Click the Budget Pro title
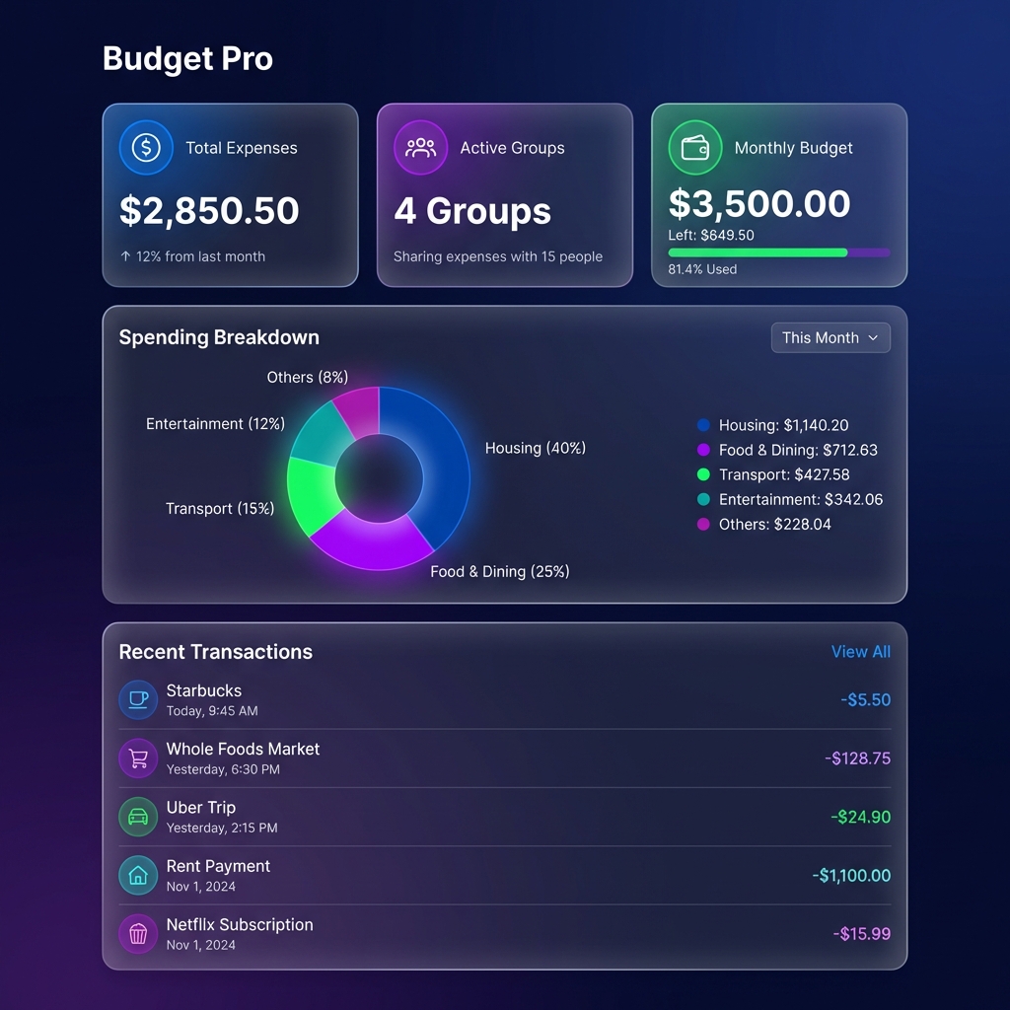click(187, 58)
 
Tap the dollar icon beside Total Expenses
click(146, 148)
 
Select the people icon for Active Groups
click(420, 148)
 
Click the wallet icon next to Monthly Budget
click(694, 148)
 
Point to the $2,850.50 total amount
click(209, 211)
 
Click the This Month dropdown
click(830, 337)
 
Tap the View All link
click(860, 652)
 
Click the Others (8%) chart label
click(307, 378)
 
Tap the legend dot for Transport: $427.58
click(703, 474)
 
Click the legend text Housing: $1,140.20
click(783, 425)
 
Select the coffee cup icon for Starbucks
click(138, 699)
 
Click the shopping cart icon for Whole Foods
click(138, 758)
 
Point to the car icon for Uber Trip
click(138, 817)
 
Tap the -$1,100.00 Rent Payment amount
click(851, 876)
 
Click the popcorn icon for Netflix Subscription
click(138, 934)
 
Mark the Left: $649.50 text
click(710, 236)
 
